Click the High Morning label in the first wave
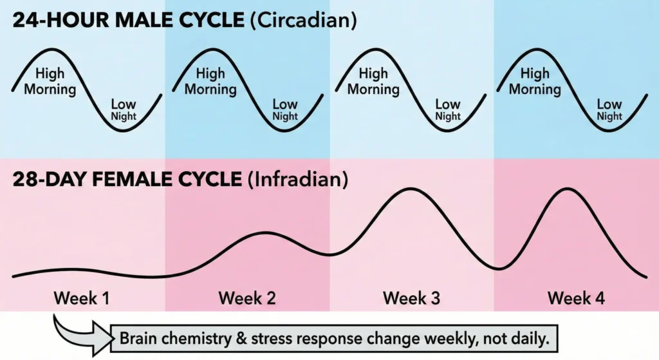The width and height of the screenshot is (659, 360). pyautogui.click(x=50, y=82)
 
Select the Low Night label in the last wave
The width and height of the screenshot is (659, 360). pyautogui.click(x=609, y=110)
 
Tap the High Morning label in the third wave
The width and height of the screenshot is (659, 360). pyautogui.click(x=373, y=82)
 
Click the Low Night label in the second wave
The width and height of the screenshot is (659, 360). pyautogui.click(x=284, y=110)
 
